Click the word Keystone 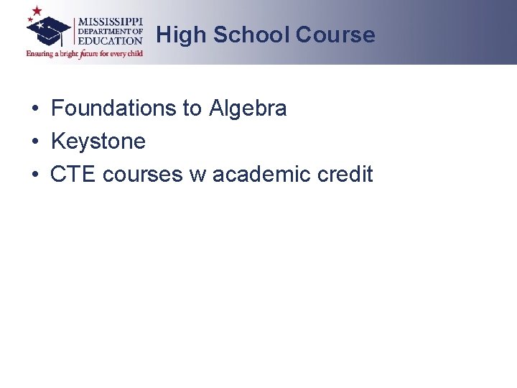point(98,142)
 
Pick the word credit point(347,175)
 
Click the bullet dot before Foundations point(34,109)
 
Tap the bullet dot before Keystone point(34,142)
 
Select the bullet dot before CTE point(34,175)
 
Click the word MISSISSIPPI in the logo point(110,20)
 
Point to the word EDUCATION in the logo point(111,41)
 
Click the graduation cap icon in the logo point(49,30)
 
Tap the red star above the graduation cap point(37,11)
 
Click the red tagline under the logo point(85,53)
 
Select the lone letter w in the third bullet point(197,175)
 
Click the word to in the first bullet point(192,108)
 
